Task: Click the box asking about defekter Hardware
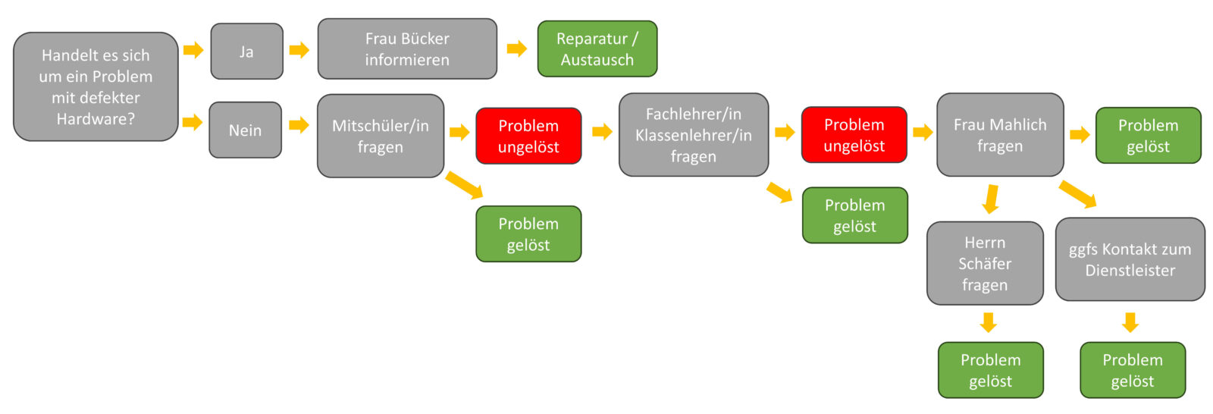96,86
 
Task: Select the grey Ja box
247,52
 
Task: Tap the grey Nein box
246,130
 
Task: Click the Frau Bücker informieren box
407,49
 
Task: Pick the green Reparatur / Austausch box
597,49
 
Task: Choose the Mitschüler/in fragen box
381,136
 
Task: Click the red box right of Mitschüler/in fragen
528,136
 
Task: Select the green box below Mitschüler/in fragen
528,234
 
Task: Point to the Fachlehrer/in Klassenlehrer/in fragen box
694,135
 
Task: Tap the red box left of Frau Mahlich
854,135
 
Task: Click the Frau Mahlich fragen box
1000,135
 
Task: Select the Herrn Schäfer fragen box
985,263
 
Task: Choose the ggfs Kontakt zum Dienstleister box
1130,259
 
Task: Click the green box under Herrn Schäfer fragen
991,370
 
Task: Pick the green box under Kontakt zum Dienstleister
1133,370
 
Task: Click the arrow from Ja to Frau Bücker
299,50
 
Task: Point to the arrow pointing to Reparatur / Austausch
517,49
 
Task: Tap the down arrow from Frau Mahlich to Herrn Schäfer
991,199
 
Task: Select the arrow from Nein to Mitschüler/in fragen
299,125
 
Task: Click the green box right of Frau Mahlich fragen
1149,136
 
